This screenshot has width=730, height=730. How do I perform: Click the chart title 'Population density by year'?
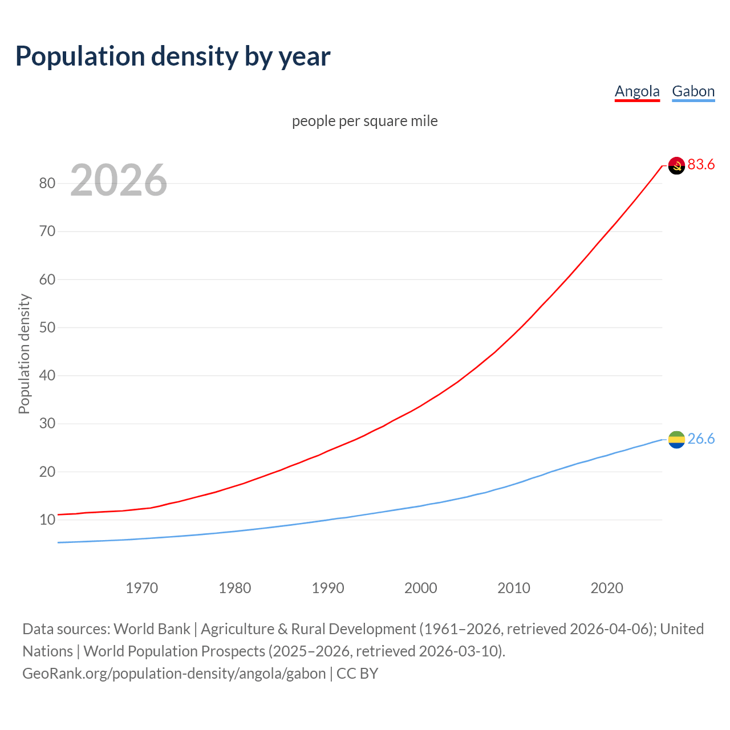(x=173, y=56)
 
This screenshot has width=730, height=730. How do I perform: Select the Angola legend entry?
(x=637, y=91)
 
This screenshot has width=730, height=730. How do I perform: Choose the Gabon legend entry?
(x=693, y=91)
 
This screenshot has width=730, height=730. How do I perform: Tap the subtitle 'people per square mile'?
(x=364, y=121)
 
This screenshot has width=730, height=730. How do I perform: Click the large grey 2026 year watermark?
(x=119, y=180)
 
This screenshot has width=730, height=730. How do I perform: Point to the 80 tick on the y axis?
(x=47, y=184)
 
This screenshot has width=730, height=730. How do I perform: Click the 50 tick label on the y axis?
(x=47, y=328)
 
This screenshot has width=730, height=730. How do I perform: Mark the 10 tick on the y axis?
(x=47, y=520)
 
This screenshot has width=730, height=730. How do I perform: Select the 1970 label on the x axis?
(x=141, y=588)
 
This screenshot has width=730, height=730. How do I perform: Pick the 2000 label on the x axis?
(x=420, y=588)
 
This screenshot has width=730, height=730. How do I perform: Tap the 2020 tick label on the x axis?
(x=606, y=588)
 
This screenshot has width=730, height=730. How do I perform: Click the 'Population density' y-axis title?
(x=24, y=354)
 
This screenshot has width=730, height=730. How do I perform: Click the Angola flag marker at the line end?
(x=676, y=165)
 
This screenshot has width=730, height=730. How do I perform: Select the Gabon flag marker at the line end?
(x=676, y=440)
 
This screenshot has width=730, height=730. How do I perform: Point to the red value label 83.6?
(x=701, y=165)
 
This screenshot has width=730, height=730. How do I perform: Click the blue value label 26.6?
(x=701, y=439)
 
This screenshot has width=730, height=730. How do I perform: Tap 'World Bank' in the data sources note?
(x=152, y=629)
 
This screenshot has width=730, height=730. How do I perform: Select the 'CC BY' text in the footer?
(x=358, y=674)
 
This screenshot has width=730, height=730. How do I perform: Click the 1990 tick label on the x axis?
(x=327, y=588)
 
